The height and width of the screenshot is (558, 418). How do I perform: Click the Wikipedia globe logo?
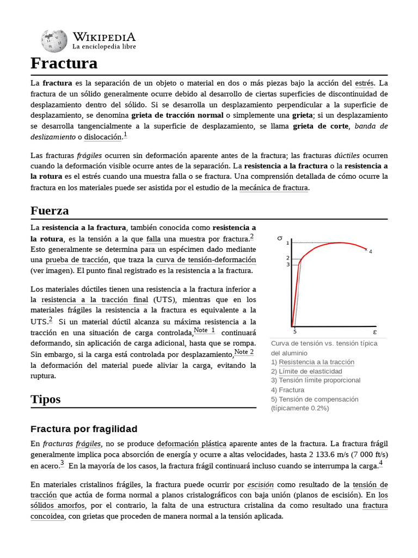tap(54, 40)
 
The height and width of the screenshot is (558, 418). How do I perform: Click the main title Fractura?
tap(64, 64)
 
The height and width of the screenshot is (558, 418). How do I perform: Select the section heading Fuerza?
tap(50, 210)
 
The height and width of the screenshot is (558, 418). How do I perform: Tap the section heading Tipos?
tap(46, 399)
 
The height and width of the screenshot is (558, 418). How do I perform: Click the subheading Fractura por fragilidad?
tap(84, 428)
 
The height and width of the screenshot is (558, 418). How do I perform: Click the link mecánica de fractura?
tap(273, 188)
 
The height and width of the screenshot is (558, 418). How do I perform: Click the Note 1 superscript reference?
tap(204, 330)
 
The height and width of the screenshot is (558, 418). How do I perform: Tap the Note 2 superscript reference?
tap(244, 352)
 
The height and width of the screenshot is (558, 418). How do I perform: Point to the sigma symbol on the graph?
tap(280, 238)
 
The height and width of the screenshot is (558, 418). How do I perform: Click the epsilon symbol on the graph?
tap(374, 331)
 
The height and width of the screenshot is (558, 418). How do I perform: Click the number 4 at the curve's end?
tap(371, 252)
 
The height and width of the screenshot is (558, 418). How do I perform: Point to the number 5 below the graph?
tap(294, 331)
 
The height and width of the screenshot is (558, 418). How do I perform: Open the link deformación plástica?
tap(192, 444)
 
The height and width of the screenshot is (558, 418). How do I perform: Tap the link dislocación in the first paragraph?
tap(103, 137)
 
